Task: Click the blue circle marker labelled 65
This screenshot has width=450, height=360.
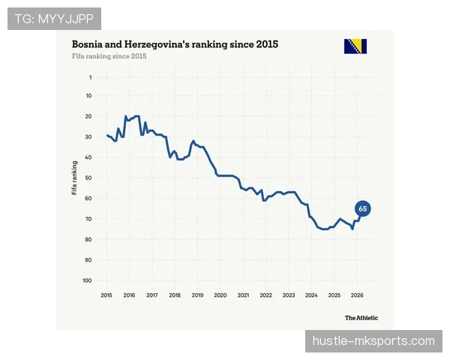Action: click(363, 208)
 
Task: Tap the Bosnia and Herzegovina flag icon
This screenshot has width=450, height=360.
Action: click(355, 46)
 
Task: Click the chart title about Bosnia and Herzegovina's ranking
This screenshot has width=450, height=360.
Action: click(175, 44)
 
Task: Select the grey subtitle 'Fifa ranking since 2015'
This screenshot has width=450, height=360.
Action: click(109, 56)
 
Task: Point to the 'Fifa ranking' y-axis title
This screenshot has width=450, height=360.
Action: click(74, 178)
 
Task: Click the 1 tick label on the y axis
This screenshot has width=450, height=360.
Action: click(91, 77)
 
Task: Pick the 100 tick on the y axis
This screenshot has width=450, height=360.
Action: click(87, 280)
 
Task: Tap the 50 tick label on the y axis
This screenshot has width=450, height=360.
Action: click(88, 178)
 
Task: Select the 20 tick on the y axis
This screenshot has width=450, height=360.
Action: click(88, 116)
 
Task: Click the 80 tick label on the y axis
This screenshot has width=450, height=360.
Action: click(88, 239)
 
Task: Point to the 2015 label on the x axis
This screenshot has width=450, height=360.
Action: click(106, 295)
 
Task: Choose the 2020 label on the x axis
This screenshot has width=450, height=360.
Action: click(220, 295)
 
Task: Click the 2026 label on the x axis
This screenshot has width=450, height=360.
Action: click(357, 295)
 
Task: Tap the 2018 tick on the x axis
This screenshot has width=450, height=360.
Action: click(175, 295)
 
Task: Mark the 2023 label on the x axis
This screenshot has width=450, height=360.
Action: click(289, 295)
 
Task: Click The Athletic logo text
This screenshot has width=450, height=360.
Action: click(361, 318)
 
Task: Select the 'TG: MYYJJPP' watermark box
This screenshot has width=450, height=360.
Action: click(54, 19)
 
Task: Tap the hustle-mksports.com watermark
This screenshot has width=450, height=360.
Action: click(373, 341)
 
